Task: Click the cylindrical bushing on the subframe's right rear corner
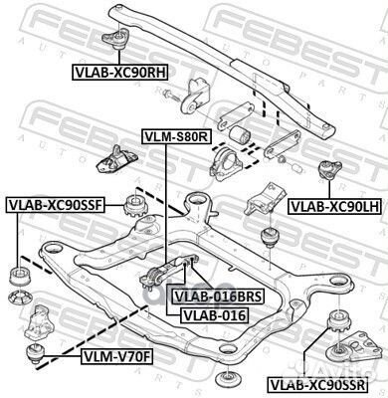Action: pos(268,239)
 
